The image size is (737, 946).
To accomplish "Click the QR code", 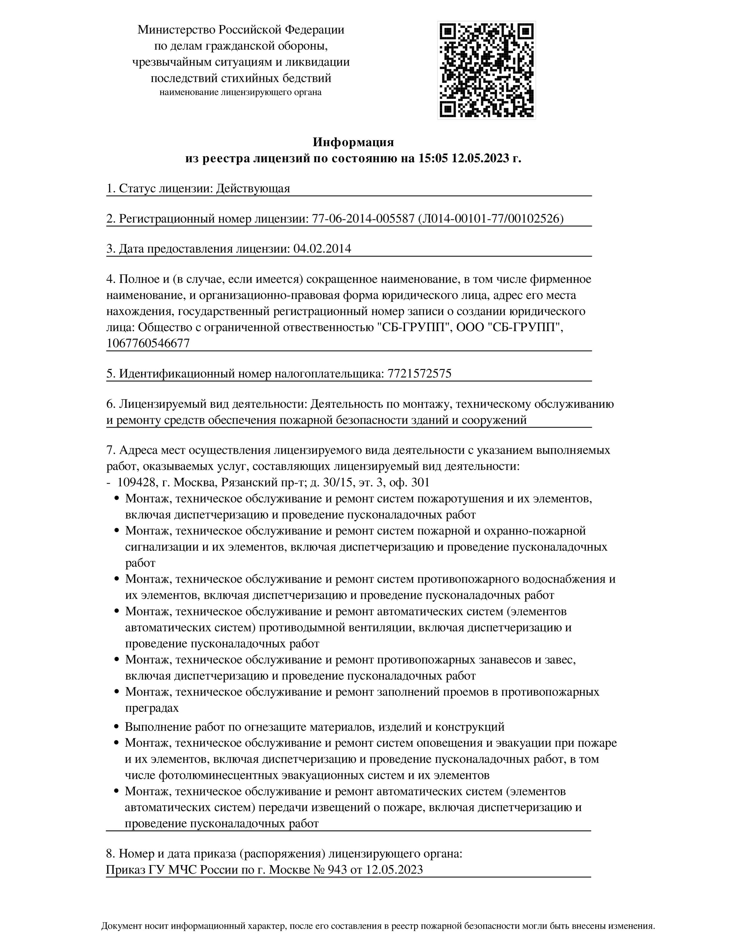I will point(486,70).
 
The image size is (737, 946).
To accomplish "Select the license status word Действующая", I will point(253,189).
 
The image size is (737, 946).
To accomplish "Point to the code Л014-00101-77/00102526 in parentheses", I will point(491,219).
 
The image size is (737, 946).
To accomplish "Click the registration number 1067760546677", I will point(148,343).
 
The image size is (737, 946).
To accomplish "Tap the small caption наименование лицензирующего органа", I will point(240,92).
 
